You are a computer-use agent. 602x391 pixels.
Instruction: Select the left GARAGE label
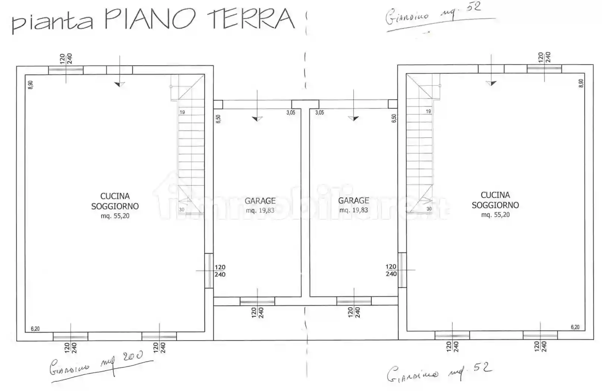coord(260,201)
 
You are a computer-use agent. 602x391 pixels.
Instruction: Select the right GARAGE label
coord(353,201)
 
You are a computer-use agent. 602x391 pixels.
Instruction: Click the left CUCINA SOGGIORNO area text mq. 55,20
coord(115,216)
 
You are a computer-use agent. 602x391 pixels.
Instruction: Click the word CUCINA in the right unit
coord(495,195)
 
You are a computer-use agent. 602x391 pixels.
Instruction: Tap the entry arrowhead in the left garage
coord(257,119)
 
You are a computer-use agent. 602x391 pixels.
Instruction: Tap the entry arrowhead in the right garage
coord(353,118)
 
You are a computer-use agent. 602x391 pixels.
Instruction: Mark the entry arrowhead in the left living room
coord(120,85)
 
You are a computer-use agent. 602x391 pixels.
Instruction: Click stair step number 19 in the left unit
coord(182,112)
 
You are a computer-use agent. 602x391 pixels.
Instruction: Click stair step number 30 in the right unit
coord(429,209)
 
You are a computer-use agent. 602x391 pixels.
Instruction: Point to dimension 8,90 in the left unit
coord(31,85)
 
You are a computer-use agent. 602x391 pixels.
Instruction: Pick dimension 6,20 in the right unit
coord(575,327)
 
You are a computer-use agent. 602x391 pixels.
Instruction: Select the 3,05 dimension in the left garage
coord(290,112)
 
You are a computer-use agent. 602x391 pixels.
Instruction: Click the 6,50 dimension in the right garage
coord(394,118)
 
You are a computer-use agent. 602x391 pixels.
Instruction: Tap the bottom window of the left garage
coord(257,301)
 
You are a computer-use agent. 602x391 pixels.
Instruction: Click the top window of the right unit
coord(544,69)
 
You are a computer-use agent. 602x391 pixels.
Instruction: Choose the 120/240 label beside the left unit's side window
coord(220,271)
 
